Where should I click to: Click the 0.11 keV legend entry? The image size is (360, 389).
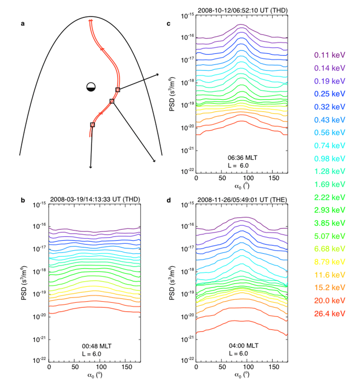pos(329,55)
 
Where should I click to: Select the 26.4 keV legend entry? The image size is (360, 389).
pos(329,313)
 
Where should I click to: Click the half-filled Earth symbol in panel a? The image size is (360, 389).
pos(91,87)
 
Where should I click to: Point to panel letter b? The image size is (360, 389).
pos(23,200)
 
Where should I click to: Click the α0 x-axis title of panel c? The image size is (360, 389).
pos(242,187)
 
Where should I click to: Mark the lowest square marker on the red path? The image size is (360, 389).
pos(92,125)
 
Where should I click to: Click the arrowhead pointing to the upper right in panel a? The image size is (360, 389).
pos(157,74)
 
